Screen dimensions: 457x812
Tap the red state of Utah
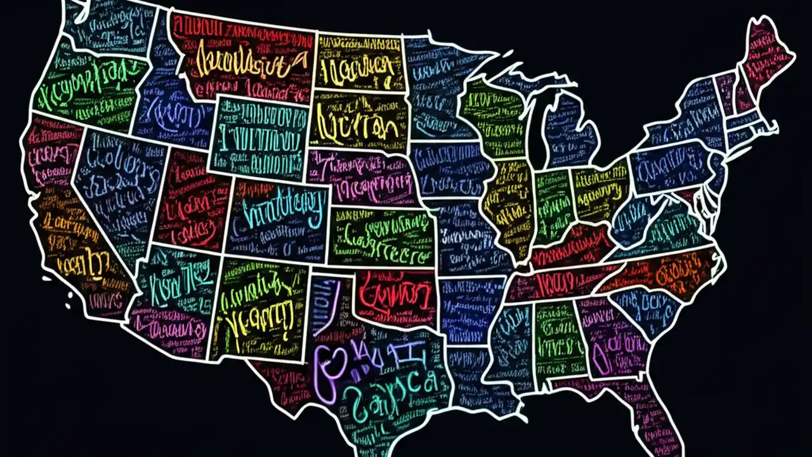tap(190, 200)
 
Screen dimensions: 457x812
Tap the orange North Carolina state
tap(666, 270)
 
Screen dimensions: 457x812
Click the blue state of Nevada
tap(117, 184)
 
